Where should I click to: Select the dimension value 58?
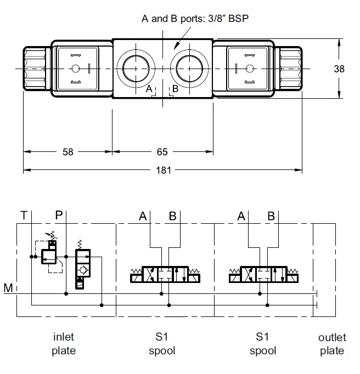[67, 152]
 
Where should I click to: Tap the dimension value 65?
[162, 152]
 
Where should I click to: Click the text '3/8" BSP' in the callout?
[226, 19]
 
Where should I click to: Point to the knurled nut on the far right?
[289, 69]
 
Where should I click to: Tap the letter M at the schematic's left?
[8, 288]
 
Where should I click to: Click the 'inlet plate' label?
[63, 344]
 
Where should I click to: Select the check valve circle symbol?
[82, 270]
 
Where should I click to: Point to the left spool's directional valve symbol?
[164, 274]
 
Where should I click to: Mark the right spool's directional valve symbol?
[262, 274]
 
